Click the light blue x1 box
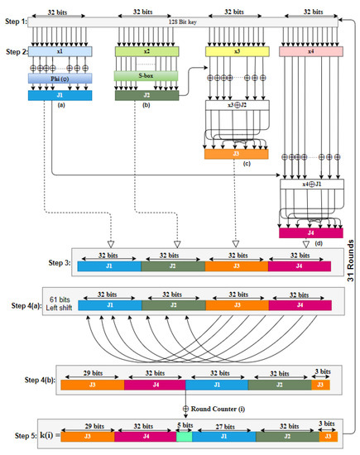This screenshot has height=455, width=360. pyautogui.click(x=63, y=51)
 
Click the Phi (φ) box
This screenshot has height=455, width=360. pyautogui.click(x=63, y=80)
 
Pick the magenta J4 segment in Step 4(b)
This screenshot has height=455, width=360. pyautogui.click(x=155, y=383)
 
